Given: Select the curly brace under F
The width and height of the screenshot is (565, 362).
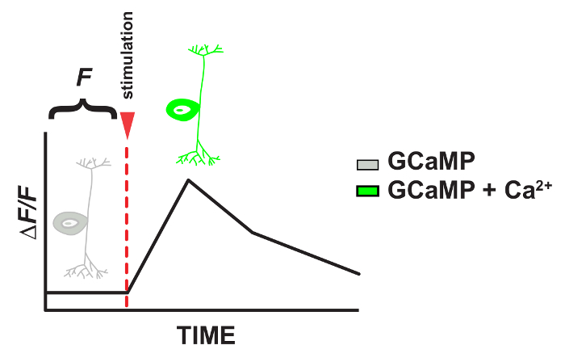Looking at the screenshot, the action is tap(83, 107).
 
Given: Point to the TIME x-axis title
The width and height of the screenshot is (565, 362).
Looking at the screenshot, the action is tap(206, 335).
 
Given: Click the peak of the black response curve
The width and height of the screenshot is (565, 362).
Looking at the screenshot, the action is tap(187, 179).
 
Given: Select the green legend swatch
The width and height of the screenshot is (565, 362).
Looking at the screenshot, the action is tap(367, 190).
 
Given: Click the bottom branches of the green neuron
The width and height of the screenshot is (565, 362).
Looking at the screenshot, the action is tap(199, 156).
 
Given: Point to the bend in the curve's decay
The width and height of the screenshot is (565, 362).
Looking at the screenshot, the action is tap(253, 233).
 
